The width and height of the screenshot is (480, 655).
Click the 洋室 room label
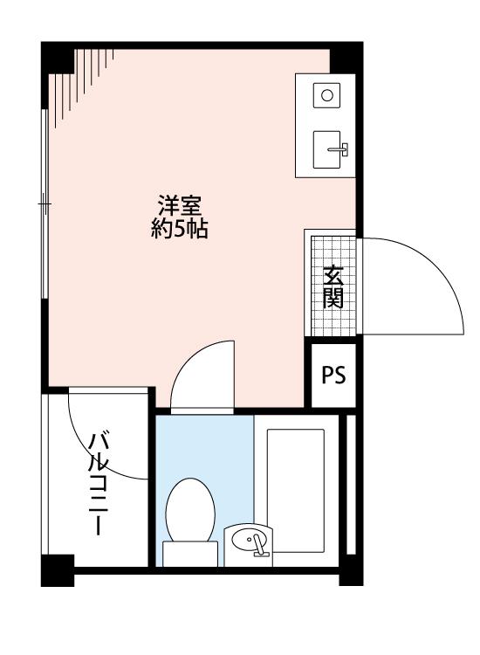point(180,205)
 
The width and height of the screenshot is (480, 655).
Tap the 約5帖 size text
point(180,228)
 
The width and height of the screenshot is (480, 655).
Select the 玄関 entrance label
point(333,286)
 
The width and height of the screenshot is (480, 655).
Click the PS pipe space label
point(333,375)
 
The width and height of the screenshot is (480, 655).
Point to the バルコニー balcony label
point(99,484)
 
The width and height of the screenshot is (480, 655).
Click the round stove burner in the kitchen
point(326,96)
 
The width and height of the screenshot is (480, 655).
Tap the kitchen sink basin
point(326,149)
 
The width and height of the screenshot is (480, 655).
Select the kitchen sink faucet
point(338,149)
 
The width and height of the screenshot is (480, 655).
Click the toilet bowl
point(190,511)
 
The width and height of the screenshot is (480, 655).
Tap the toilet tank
point(190,554)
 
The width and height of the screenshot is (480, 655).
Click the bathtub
point(296,491)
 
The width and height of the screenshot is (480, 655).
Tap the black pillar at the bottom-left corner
point(58,570)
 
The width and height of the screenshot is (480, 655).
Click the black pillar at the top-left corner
point(58,58)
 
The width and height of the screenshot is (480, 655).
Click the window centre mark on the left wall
point(45,203)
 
